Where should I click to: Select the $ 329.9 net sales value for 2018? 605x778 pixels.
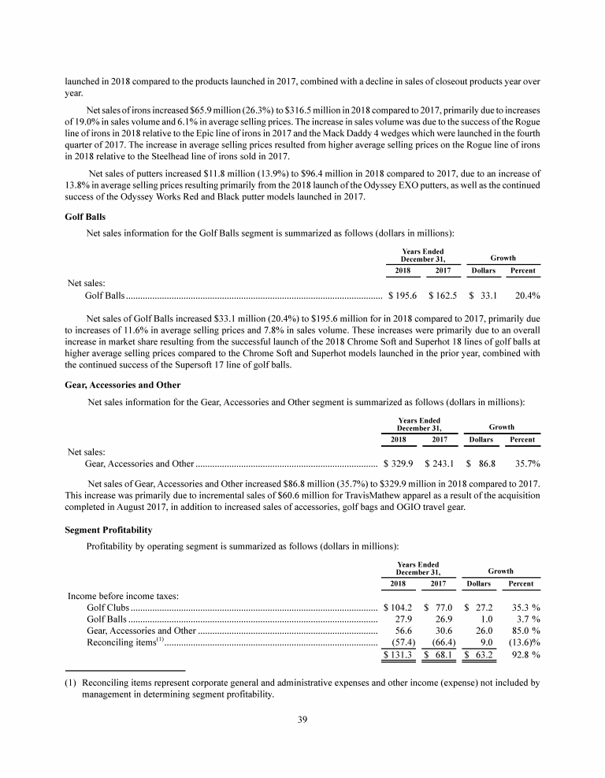pyautogui.click(x=399, y=463)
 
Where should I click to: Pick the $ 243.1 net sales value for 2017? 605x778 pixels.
pyautogui.click(x=440, y=463)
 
